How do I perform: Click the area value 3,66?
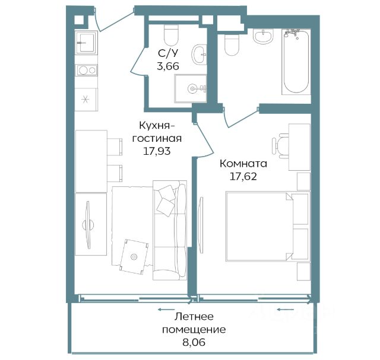(x=168, y=66)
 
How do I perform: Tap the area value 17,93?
(x=157, y=151)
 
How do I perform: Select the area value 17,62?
(x=243, y=177)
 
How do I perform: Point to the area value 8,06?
(x=194, y=342)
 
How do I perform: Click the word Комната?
(x=243, y=164)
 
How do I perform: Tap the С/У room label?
(x=168, y=53)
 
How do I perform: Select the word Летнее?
(x=194, y=317)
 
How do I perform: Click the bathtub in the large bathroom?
(x=296, y=62)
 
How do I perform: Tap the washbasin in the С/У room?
(x=199, y=55)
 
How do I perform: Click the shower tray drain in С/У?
(x=192, y=88)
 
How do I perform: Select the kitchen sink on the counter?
(x=86, y=43)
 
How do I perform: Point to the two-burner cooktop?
(x=86, y=71)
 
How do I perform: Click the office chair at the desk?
(x=280, y=146)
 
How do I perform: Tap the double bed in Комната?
(x=268, y=227)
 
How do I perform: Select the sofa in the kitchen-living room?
(x=170, y=230)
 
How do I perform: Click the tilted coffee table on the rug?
(x=134, y=257)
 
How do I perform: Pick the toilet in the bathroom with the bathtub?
(x=232, y=44)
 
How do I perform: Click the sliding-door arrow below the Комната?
(x=286, y=310)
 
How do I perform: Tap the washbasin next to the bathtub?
(x=264, y=36)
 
